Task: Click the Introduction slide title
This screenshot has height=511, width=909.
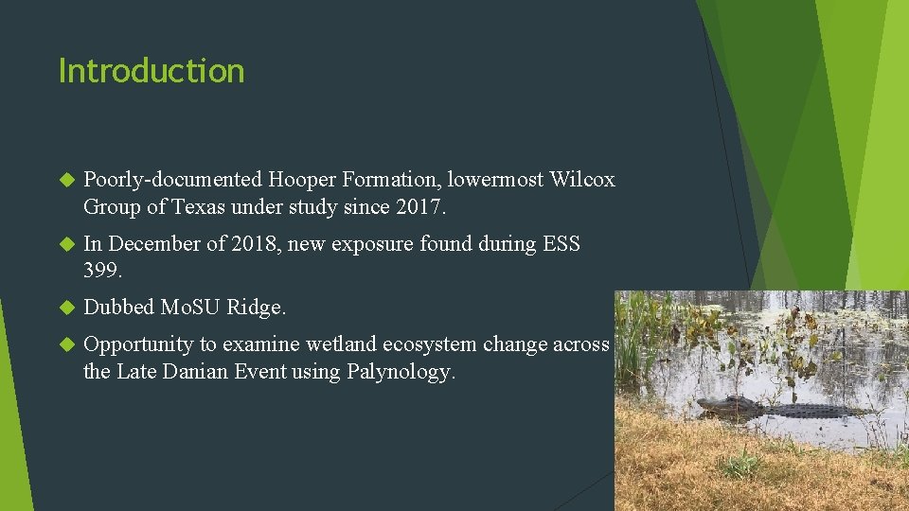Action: click(151, 71)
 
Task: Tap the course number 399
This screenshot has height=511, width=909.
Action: click(102, 271)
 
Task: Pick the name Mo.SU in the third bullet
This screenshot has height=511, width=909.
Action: click(191, 308)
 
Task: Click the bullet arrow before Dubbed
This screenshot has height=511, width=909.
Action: click(66, 308)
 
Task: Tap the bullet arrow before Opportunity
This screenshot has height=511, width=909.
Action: click(66, 344)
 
